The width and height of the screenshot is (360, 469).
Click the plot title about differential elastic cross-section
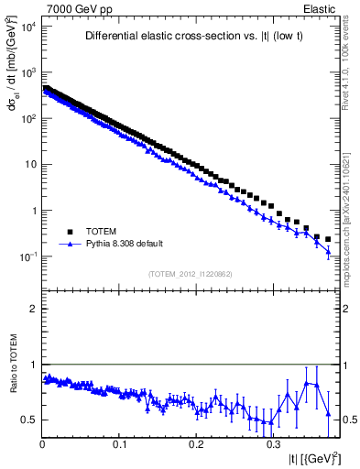coord(193,37)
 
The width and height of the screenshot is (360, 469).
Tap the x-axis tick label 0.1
coord(119,443)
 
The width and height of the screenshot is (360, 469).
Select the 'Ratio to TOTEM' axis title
coord(14,386)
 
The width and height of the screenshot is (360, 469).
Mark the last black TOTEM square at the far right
coord(328,239)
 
